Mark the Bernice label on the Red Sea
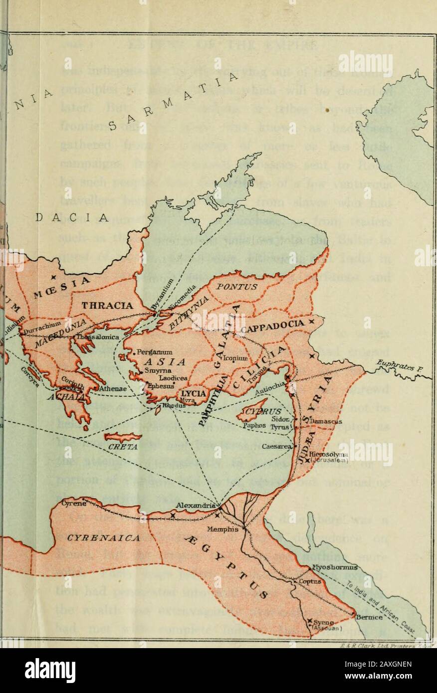(x=369, y=616)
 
